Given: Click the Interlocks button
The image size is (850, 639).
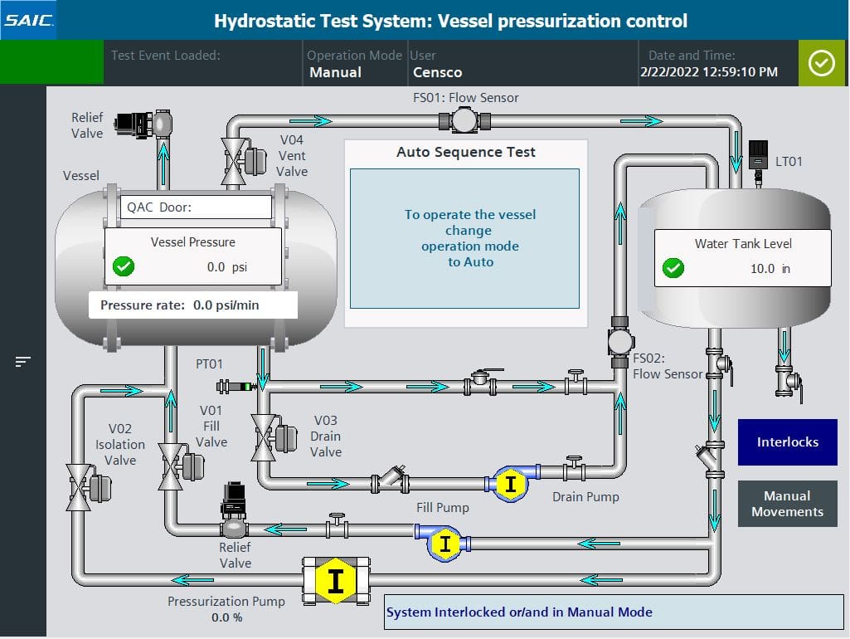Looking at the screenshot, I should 787,442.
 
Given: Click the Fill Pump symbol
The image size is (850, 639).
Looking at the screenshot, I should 445,544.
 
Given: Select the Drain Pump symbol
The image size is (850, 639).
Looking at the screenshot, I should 511,485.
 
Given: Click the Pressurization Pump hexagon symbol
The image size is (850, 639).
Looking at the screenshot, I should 336,580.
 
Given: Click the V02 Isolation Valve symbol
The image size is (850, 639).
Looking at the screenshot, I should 80,486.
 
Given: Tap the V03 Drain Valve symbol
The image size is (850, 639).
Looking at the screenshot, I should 265,437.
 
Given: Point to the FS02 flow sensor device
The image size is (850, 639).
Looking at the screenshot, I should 620,341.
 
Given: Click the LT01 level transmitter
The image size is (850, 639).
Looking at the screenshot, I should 758,158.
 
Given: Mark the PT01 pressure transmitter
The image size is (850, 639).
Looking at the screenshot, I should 236,386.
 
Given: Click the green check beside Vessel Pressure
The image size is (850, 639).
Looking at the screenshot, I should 124,267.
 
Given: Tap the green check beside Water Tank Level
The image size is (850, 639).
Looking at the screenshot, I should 674,268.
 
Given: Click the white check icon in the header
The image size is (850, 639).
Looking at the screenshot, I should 821,63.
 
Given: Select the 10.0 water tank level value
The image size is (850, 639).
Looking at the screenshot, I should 762,269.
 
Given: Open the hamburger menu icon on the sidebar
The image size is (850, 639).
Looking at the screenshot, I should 23,362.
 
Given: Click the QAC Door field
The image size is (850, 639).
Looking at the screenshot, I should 197,207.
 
